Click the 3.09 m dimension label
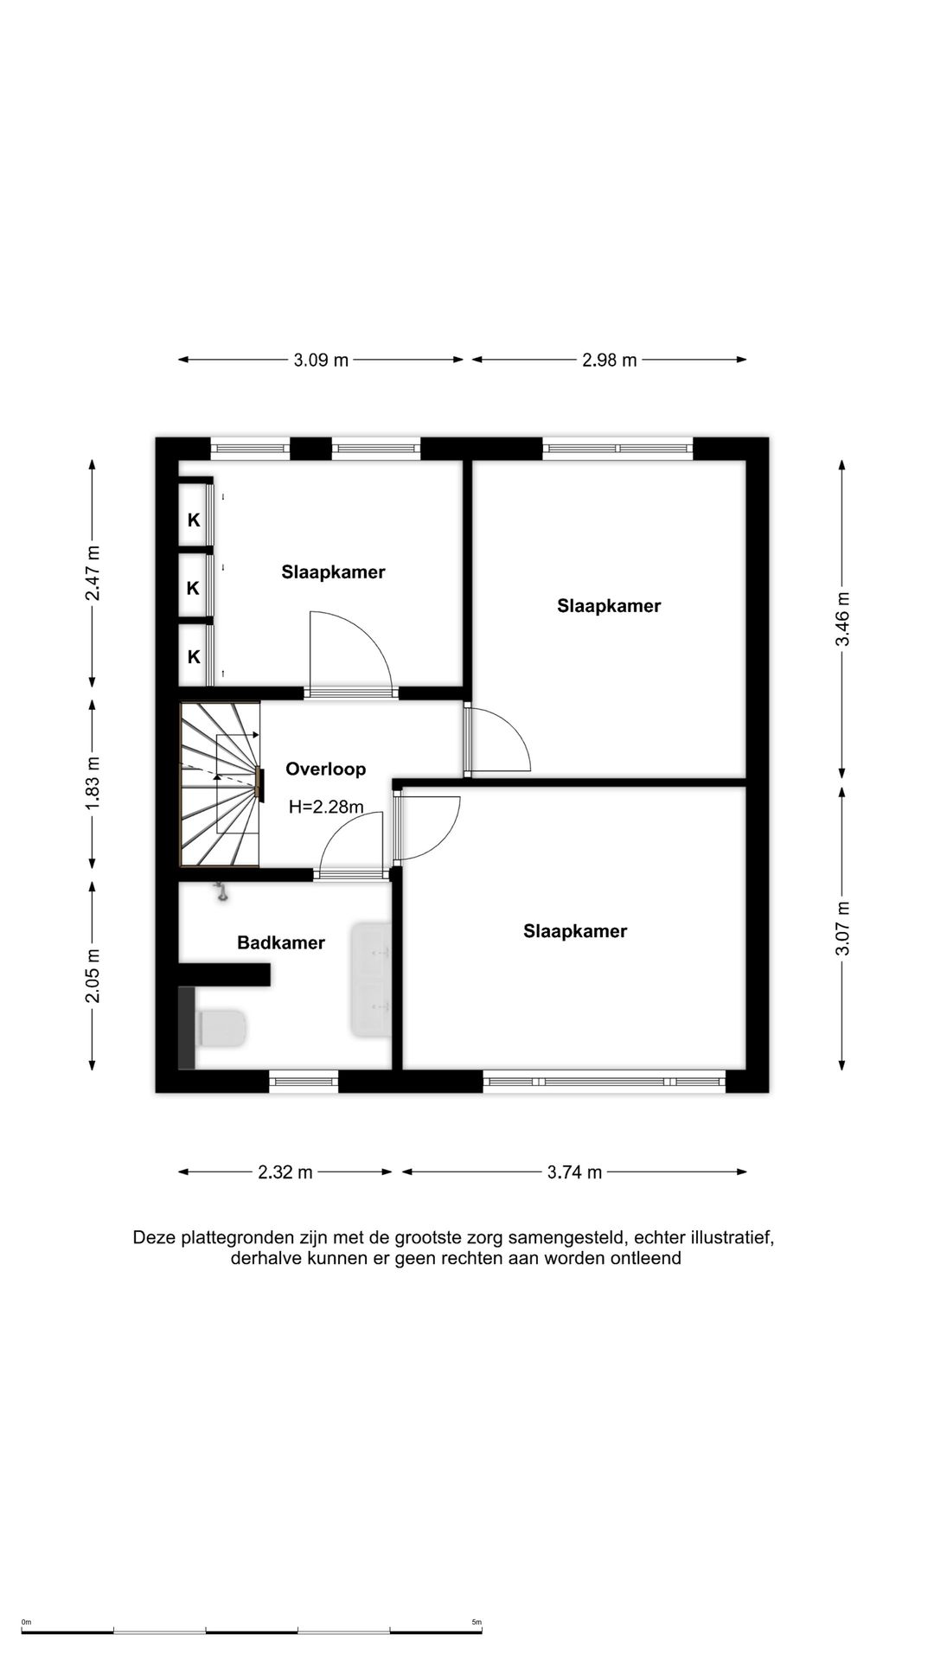click(x=321, y=360)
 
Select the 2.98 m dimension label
click(x=610, y=360)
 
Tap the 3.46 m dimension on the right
click(x=843, y=618)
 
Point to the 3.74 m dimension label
click(x=574, y=1172)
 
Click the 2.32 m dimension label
click(x=285, y=1172)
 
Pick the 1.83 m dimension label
click(x=93, y=782)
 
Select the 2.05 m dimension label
click(x=93, y=975)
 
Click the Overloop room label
click(x=326, y=769)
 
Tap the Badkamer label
click(x=281, y=942)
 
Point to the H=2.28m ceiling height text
click(x=326, y=807)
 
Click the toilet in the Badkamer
click(x=221, y=1028)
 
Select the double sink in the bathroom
click(x=371, y=980)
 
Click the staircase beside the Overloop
click(x=220, y=783)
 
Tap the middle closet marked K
click(x=194, y=588)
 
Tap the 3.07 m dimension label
click(x=843, y=928)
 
